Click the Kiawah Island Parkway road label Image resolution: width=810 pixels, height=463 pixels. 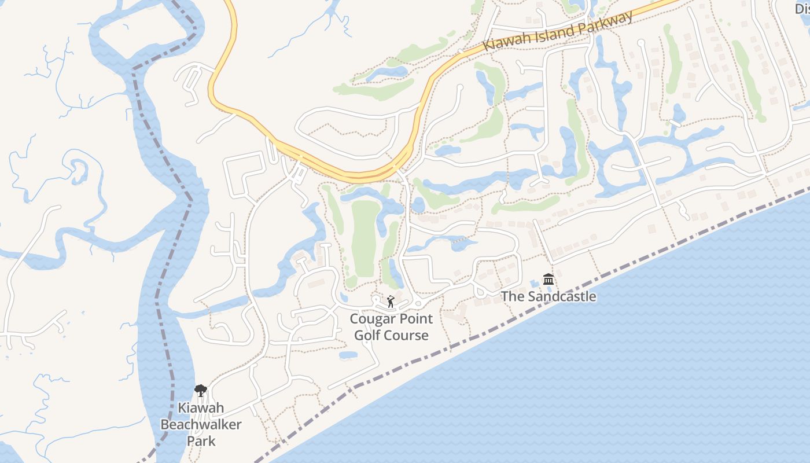click(558, 31)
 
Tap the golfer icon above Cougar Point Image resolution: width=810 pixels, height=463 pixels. click(391, 302)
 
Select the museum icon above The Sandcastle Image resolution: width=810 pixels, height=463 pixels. click(548, 280)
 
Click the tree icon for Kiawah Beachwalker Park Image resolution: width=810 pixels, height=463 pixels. click(200, 391)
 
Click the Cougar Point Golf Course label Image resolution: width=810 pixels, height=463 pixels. click(391, 327)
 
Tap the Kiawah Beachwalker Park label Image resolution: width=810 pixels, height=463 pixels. click(201, 424)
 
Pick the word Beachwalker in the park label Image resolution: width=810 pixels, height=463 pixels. click(201, 424)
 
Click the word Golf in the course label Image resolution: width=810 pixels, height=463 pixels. click(367, 336)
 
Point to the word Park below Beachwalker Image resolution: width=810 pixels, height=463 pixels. click(201, 441)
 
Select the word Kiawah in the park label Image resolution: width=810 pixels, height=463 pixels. click(201, 407)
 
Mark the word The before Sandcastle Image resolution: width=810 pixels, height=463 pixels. click(511, 297)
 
